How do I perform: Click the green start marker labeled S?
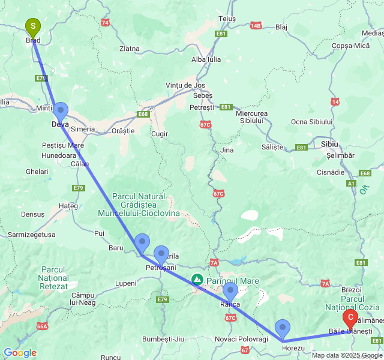pos(33,27)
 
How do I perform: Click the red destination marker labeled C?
pos(350,318)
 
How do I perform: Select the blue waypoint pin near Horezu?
pos(283,328)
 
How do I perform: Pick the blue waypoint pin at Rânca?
pos(230,292)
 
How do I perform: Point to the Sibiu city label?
pos(329,145)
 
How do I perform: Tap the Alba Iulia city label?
pos(206,59)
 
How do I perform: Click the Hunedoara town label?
pos(59,155)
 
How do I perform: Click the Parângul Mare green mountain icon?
pos(197,279)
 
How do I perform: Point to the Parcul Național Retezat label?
pos(53,278)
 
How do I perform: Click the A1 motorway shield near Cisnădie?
pos(351,184)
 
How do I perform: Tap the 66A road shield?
pos(41,326)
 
